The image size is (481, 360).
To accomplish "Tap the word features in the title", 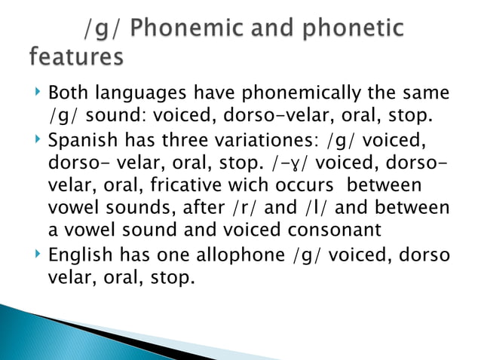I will pyautogui.click(x=77, y=57).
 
